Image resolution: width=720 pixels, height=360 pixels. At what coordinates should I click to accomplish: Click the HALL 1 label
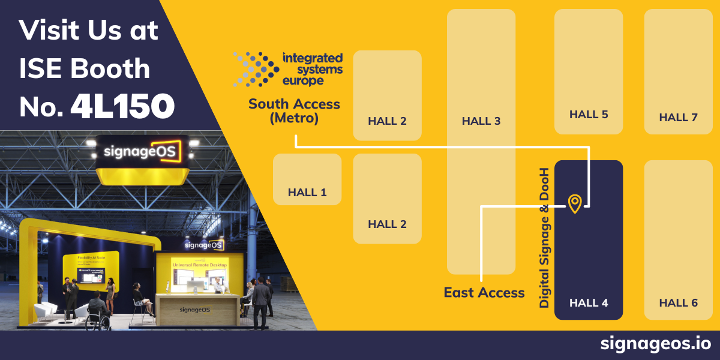[x=307, y=193]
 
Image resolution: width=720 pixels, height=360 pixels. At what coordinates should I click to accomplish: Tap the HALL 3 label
[x=481, y=121]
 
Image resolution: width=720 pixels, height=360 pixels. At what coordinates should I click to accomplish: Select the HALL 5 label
[x=588, y=114]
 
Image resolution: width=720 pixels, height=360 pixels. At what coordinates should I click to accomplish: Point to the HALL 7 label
[x=678, y=117]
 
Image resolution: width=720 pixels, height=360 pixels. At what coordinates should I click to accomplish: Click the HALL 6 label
[x=678, y=303]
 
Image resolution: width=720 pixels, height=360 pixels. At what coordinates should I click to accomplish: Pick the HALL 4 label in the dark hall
[x=588, y=303]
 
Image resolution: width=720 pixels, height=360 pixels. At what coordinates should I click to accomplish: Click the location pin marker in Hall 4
[x=574, y=203]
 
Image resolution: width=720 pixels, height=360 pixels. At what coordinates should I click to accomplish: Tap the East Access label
[x=484, y=292]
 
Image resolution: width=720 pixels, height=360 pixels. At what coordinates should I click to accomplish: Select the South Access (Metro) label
[x=294, y=111]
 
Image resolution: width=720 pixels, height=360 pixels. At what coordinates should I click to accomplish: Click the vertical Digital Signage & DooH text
[x=544, y=237]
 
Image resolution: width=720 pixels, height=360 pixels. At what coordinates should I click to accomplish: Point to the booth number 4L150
[x=122, y=106]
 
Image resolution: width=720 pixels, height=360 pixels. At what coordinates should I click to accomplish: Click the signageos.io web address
[x=655, y=344]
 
